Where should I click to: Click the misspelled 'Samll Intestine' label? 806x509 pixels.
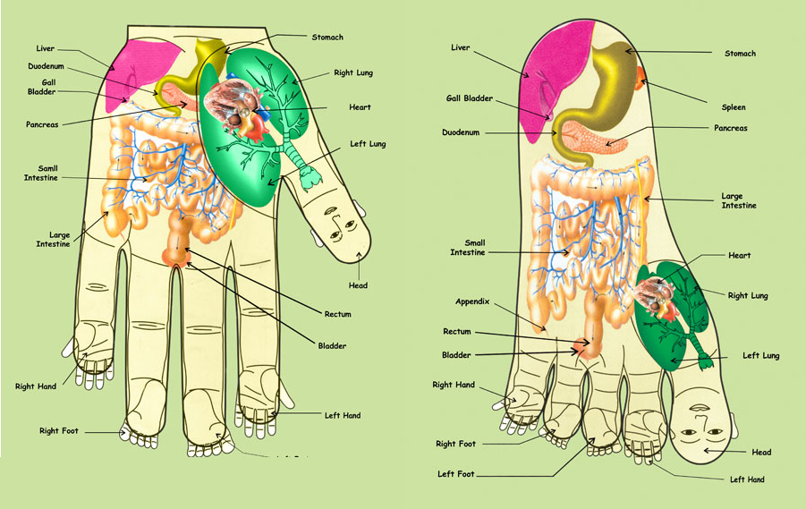(x=40, y=173)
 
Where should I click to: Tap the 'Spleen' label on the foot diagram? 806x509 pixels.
(x=733, y=107)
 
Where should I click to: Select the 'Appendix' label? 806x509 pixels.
(x=473, y=301)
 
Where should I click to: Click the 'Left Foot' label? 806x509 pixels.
(x=455, y=473)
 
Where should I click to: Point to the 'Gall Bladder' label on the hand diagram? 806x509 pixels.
(x=43, y=85)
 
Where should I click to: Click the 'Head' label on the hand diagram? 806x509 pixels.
(x=359, y=285)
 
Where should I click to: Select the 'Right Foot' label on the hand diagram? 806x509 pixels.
(x=59, y=431)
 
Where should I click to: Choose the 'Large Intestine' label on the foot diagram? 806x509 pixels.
(x=739, y=200)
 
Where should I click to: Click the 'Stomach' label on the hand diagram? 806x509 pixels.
(x=327, y=38)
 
